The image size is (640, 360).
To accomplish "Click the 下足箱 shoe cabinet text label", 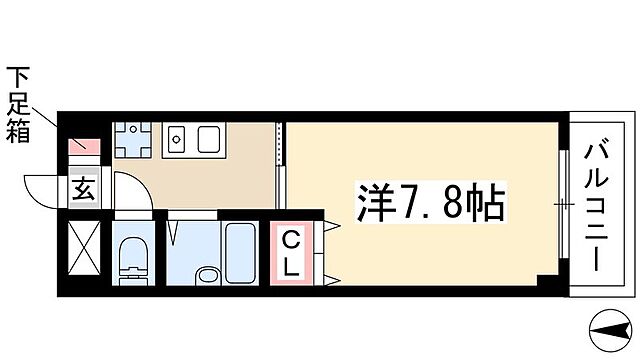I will (19, 105).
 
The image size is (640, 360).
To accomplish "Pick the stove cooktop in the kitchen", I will (210, 138).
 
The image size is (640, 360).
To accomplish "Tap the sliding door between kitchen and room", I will (282, 170).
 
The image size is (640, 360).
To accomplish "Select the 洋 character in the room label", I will (370, 204).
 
